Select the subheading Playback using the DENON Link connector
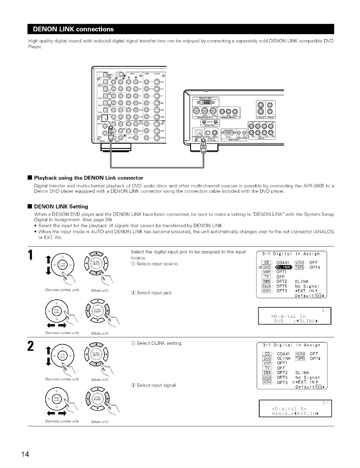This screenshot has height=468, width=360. [89, 178]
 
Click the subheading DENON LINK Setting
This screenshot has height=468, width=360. [61, 206]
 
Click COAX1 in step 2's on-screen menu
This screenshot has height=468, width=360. [283, 354]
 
